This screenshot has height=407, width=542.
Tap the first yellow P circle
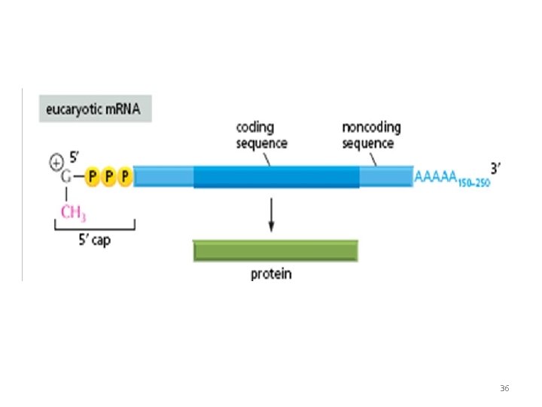(92, 177)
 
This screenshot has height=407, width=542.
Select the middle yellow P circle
(108, 177)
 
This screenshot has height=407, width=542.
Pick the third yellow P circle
(125, 177)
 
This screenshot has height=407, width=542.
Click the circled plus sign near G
(56, 162)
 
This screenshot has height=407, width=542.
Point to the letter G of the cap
(67, 178)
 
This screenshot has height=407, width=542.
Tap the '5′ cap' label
(93, 241)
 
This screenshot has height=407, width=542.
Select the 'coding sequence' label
(260, 136)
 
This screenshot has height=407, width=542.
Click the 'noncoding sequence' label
(371, 136)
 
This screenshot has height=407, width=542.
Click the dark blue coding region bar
(276, 177)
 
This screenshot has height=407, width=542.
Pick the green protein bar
(276, 250)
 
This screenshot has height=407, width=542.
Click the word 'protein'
(271, 274)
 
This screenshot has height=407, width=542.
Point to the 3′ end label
(495, 167)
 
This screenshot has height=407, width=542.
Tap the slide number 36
(504, 388)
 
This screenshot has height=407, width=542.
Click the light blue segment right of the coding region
(385, 177)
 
